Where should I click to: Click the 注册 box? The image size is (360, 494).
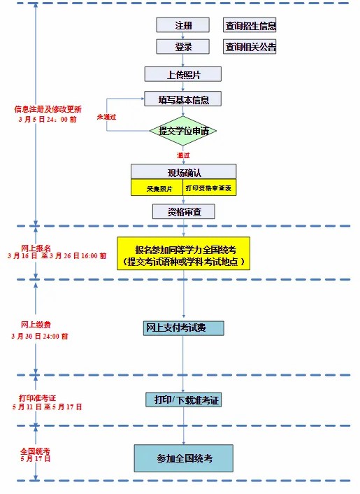click(182, 25)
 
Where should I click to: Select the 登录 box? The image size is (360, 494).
click(182, 47)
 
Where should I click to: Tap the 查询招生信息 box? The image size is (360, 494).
click(250, 26)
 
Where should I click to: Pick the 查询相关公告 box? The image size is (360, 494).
click(250, 48)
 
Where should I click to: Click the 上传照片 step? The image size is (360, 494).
click(183, 73)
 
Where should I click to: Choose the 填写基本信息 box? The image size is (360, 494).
click(183, 99)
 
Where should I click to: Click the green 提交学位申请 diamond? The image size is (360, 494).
click(183, 130)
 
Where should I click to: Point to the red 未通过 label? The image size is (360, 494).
click(106, 117)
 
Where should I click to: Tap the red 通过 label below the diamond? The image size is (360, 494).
click(183, 155)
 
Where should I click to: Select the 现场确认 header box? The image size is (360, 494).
click(183, 172)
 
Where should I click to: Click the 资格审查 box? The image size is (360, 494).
click(183, 211)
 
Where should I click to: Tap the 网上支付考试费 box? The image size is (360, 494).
click(184, 327)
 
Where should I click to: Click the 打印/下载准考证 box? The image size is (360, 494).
click(183, 400)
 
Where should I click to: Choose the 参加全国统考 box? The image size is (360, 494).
click(183, 458)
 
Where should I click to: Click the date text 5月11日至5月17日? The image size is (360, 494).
click(47, 407)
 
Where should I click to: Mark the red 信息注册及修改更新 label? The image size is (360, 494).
click(48, 109)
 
